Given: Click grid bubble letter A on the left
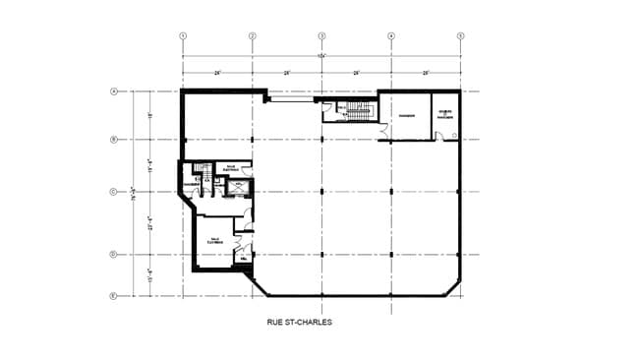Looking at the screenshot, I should [x=113, y=91].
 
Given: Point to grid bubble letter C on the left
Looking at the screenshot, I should [x=113, y=191].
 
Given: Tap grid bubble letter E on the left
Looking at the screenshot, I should [x=113, y=295].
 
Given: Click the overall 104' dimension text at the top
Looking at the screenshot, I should [x=320, y=55].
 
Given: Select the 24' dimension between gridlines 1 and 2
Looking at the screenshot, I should [x=217, y=73].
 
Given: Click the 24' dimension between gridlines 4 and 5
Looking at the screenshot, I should [x=426, y=73].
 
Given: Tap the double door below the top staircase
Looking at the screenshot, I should [x=380, y=130].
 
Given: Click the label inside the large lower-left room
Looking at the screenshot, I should [x=214, y=239].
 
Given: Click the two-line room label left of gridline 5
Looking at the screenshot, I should [x=444, y=113].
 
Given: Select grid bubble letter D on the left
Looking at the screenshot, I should [x=113, y=255].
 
